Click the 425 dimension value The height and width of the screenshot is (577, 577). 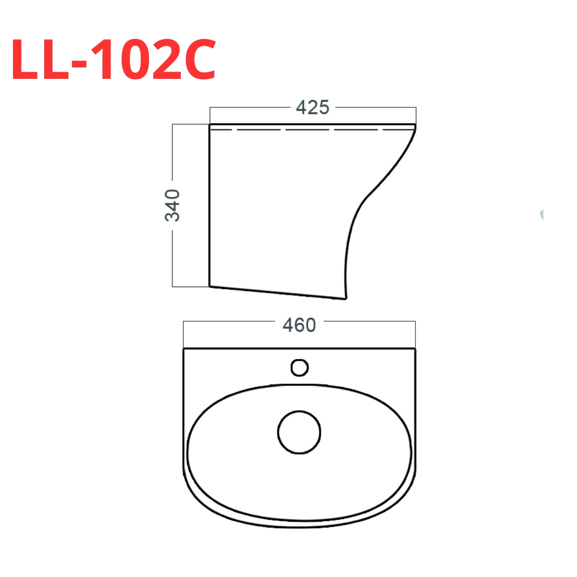click(313, 107)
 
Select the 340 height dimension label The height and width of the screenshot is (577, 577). click(173, 205)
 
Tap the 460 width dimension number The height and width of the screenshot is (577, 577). click(299, 326)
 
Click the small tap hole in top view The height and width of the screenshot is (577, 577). click(300, 368)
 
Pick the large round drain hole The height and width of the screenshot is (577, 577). click(299, 432)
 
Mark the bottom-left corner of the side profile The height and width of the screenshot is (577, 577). click(210, 286)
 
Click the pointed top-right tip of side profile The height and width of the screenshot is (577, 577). click(415, 125)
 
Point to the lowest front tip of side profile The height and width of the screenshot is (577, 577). click(345, 298)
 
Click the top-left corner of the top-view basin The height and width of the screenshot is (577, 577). click(184, 349)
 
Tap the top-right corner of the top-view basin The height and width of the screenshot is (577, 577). click(415, 349)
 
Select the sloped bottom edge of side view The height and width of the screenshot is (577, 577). click(276, 292)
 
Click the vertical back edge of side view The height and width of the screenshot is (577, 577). click(210, 207)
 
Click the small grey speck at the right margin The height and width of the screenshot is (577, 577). click(541, 214)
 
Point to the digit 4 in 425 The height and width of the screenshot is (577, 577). click(301, 107)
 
